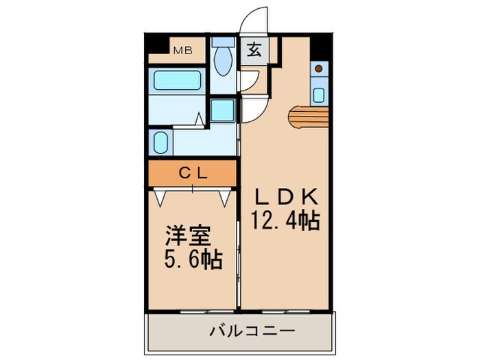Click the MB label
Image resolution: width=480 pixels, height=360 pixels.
click(x=182, y=50)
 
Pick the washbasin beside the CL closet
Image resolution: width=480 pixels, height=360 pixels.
click(x=160, y=143)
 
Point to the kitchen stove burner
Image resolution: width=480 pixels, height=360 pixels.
click(x=319, y=69)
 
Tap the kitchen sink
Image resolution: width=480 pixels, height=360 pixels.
click(x=319, y=91)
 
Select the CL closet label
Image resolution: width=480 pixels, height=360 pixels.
click(x=193, y=173)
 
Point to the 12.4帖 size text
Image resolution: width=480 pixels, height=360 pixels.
click(x=286, y=221)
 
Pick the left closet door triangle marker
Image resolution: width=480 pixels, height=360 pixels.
click(x=160, y=197)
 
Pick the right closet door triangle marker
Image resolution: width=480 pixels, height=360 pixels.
click(x=224, y=197)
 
